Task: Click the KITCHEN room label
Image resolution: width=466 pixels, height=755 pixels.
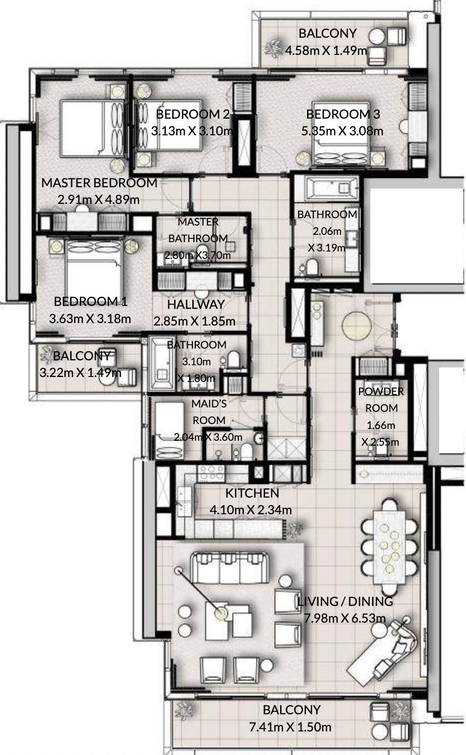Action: pyautogui.click(x=252, y=493)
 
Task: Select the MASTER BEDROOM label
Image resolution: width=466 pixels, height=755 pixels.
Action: pyautogui.click(x=99, y=183)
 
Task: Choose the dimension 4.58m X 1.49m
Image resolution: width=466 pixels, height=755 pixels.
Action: pyautogui.click(x=326, y=50)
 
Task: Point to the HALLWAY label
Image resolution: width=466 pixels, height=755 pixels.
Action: pyautogui.click(x=196, y=304)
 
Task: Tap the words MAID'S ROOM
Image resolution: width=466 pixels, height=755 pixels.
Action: pyautogui.click(x=209, y=412)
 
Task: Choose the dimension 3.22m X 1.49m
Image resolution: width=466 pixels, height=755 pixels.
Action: pyautogui.click(x=80, y=373)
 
